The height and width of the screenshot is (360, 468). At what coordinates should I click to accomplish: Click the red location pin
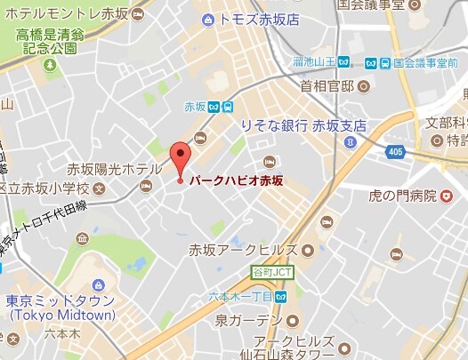[180, 158]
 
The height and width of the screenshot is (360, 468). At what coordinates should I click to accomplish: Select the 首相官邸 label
[327, 86]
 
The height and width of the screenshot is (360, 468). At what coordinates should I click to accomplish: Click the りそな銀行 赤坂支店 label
[303, 126]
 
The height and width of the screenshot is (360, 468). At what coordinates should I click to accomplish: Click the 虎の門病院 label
[405, 195]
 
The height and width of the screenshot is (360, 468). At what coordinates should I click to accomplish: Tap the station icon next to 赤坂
[229, 108]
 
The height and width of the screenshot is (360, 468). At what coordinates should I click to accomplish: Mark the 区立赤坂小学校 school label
[45, 188]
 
